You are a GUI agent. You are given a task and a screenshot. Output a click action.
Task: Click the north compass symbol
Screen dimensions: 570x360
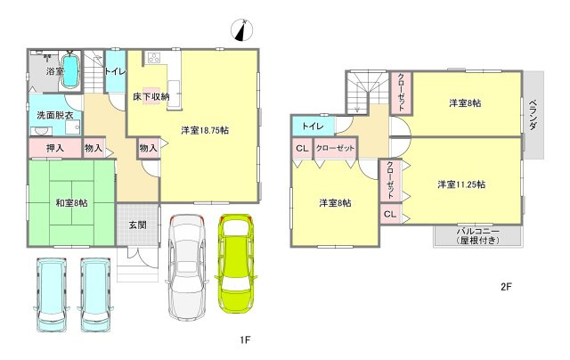tap(241, 29)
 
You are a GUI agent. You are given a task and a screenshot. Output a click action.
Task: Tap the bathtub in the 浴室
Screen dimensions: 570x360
tap(69, 71)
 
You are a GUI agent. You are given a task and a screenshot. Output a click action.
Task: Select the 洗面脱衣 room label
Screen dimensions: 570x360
tap(55, 116)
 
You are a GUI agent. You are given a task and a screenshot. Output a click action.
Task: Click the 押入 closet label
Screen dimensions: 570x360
tap(55, 148)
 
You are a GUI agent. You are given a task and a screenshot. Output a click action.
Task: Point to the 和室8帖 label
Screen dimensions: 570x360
tap(71, 203)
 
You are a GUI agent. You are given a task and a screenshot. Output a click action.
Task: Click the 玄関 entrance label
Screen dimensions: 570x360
tap(138, 225)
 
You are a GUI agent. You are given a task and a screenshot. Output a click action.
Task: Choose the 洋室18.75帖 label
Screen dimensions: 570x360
tap(205, 130)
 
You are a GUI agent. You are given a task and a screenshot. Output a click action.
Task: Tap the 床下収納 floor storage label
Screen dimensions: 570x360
tap(151, 97)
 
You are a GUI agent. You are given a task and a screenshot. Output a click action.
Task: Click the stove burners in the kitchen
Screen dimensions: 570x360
tap(154, 58)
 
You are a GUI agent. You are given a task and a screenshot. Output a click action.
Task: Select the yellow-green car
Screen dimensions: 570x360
tap(235, 263)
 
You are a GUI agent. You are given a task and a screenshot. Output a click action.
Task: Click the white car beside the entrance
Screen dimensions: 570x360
tap(187, 267)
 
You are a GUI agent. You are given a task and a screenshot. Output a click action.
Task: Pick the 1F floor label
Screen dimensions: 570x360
tap(245, 340)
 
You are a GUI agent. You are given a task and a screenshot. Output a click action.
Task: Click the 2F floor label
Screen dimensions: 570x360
tap(506, 287)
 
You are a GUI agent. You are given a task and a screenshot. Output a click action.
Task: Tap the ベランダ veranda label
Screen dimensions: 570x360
tap(533, 114)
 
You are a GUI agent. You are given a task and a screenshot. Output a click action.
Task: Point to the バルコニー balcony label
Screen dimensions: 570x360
tap(478, 231)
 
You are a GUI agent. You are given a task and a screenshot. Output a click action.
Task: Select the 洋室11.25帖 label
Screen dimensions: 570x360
tap(461, 184)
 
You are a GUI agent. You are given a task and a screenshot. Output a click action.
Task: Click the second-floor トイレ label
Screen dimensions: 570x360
tap(313, 127)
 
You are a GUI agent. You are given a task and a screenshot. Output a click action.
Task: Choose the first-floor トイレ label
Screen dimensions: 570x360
tap(115, 71)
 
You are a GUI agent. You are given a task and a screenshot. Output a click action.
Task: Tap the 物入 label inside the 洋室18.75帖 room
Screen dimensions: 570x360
tap(149, 148)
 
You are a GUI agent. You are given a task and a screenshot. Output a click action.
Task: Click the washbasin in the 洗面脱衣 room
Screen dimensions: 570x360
tap(38, 131)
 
